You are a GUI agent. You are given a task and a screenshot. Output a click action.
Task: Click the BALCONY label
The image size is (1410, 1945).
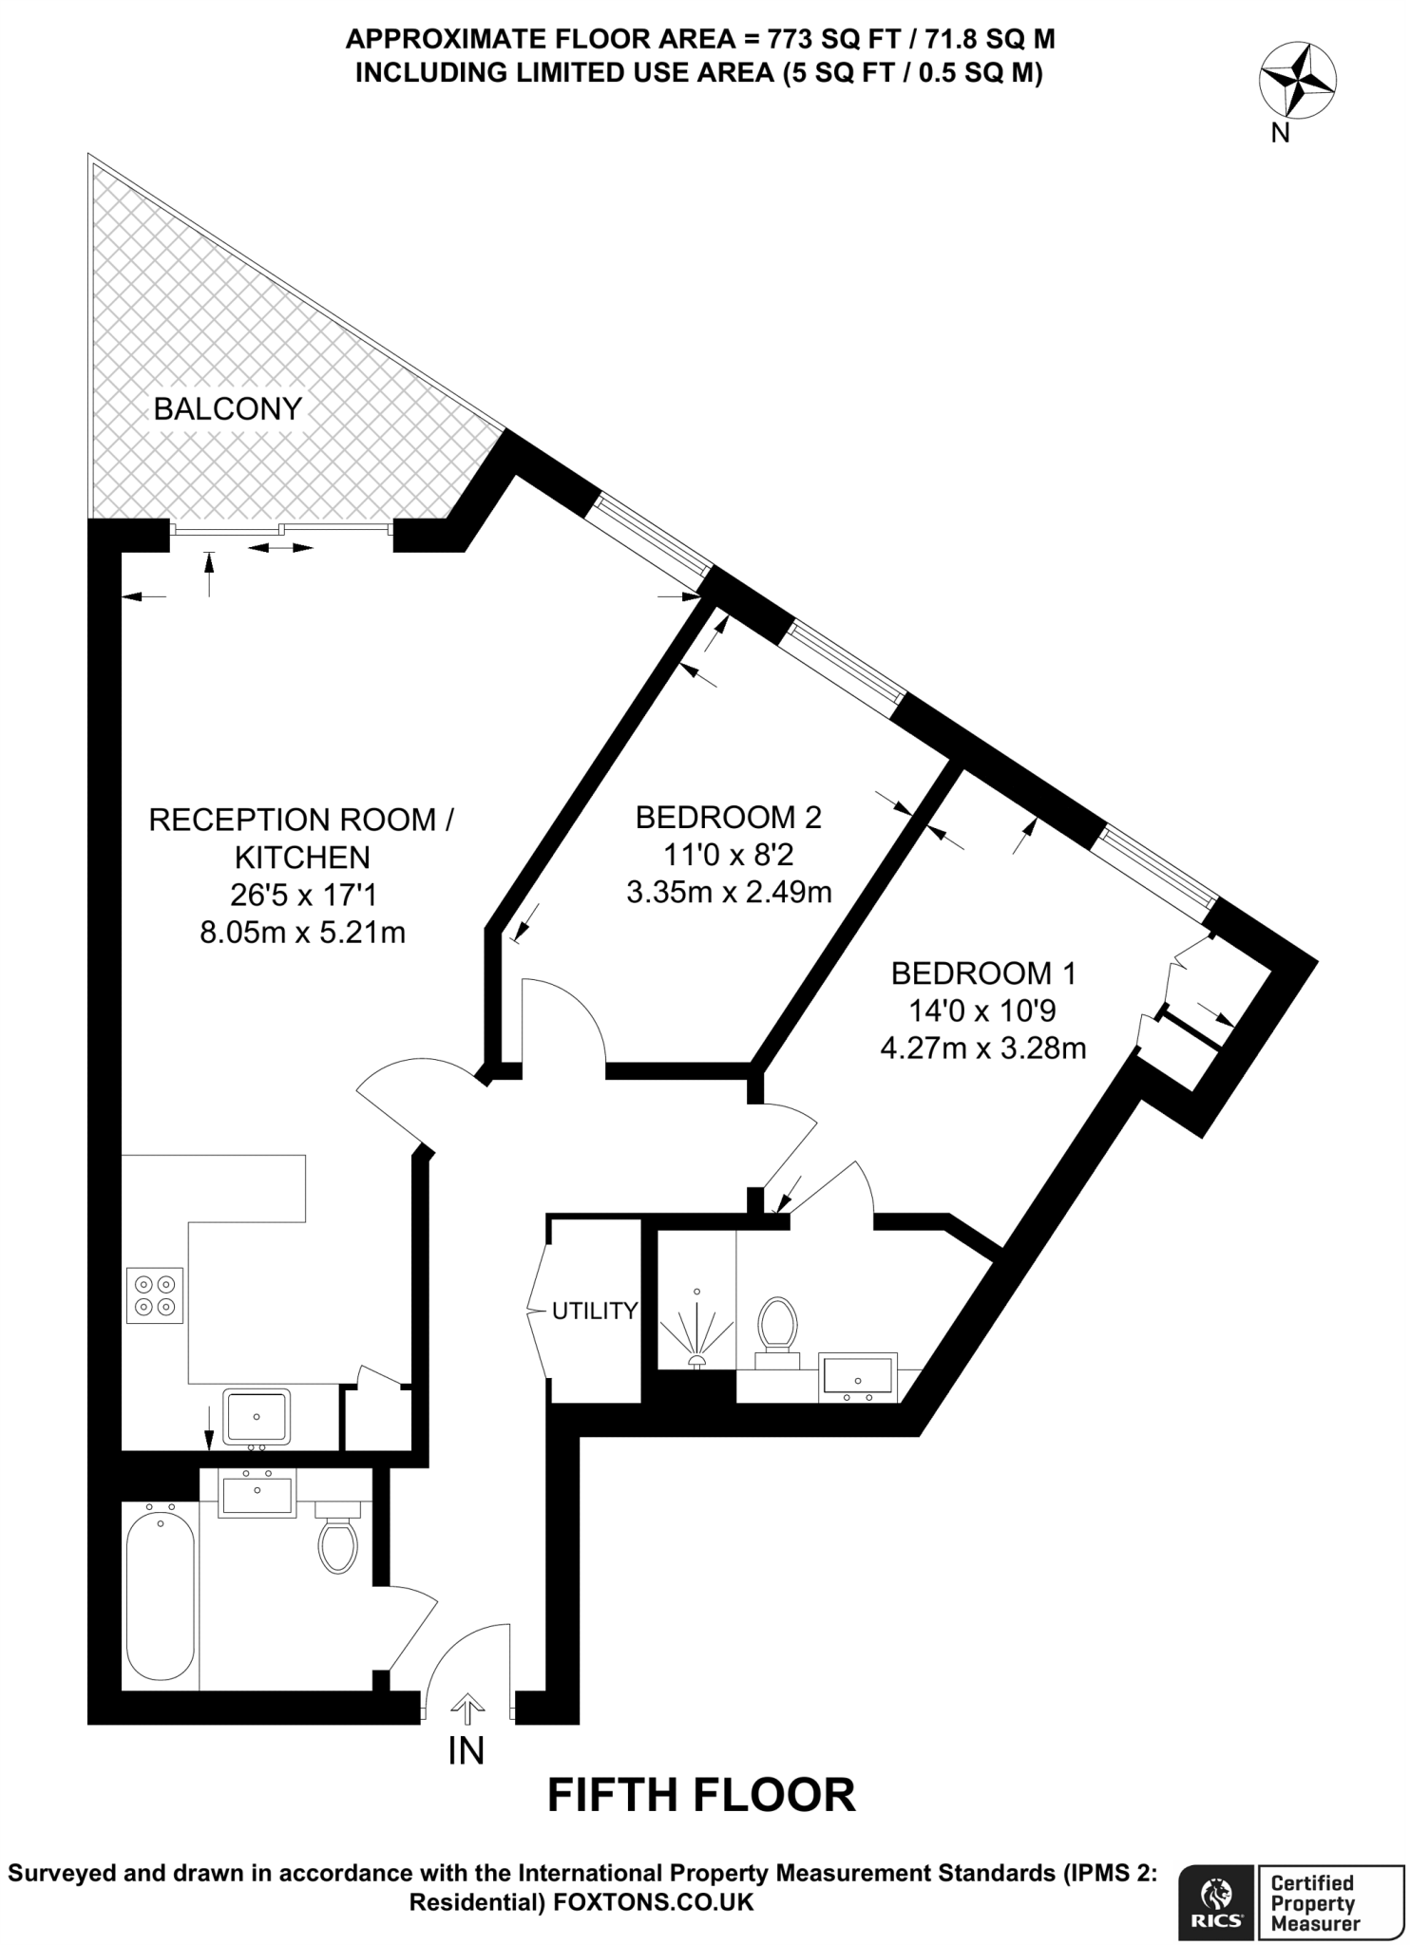(x=227, y=408)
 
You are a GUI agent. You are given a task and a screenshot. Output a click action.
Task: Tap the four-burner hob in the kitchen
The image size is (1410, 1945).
(x=155, y=1295)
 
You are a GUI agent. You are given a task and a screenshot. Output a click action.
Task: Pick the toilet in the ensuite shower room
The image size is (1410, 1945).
(x=777, y=1329)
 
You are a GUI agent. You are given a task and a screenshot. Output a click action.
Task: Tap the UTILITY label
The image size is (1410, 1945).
(x=595, y=1312)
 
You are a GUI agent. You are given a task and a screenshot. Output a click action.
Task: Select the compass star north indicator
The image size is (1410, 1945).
(x=1297, y=82)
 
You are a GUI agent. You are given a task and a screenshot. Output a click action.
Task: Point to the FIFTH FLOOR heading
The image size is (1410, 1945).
(x=702, y=1795)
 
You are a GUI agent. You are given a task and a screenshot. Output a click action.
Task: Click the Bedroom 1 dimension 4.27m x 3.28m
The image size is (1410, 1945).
(x=983, y=1048)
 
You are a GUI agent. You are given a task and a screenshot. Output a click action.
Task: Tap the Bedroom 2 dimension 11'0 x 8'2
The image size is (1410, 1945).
(x=728, y=855)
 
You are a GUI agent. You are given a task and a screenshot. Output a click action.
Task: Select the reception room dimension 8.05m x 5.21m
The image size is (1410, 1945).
(x=302, y=933)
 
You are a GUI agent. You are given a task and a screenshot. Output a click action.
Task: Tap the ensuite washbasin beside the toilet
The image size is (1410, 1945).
(x=858, y=1377)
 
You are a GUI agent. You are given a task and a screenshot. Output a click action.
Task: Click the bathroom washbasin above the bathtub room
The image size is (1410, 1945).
(x=257, y=1491)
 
